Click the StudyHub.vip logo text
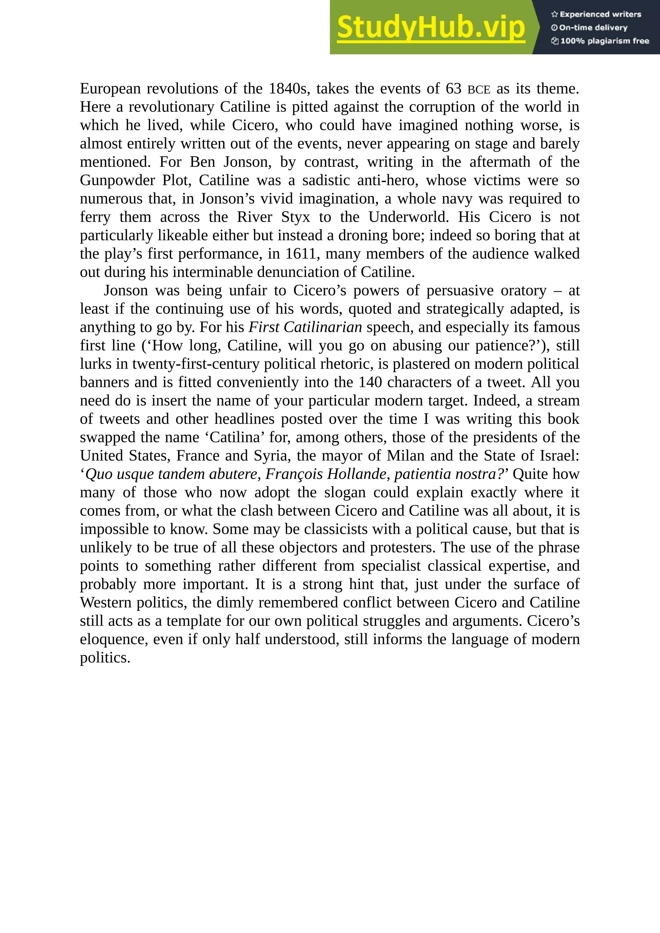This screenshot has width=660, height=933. point(431,27)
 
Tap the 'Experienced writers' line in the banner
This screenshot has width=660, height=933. point(596,14)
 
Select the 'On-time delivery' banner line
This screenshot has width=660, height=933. point(589,28)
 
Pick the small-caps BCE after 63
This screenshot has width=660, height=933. point(479,89)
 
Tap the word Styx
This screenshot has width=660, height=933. point(296,217)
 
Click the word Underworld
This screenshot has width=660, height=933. point(408,217)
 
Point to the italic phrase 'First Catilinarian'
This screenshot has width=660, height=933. point(305,327)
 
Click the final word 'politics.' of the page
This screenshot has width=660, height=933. point(105,658)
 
